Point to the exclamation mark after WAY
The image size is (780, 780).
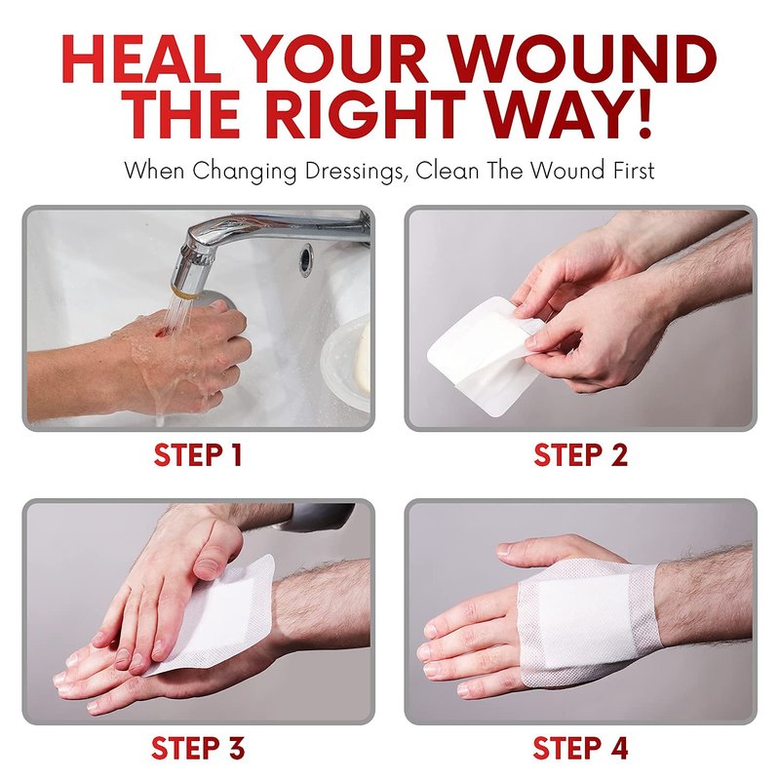click(x=644, y=114)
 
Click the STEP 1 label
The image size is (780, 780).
click(x=198, y=454)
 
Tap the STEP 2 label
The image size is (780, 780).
click(x=581, y=454)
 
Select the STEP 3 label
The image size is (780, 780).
click(x=198, y=748)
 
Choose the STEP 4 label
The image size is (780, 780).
click(x=580, y=748)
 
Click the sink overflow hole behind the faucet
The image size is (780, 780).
click(x=306, y=259)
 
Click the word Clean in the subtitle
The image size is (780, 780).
click(x=448, y=170)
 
